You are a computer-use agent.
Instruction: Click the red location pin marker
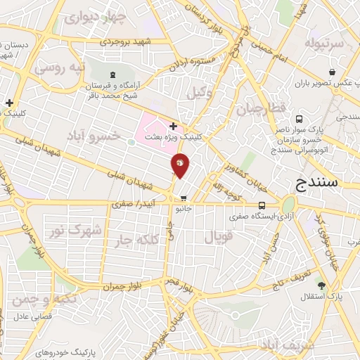(180, 166)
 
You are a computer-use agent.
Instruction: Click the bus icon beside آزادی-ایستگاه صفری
(262, 206)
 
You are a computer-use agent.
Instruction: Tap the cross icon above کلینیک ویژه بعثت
(173, 126)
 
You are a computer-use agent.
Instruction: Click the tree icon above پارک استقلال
(321, 285)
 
